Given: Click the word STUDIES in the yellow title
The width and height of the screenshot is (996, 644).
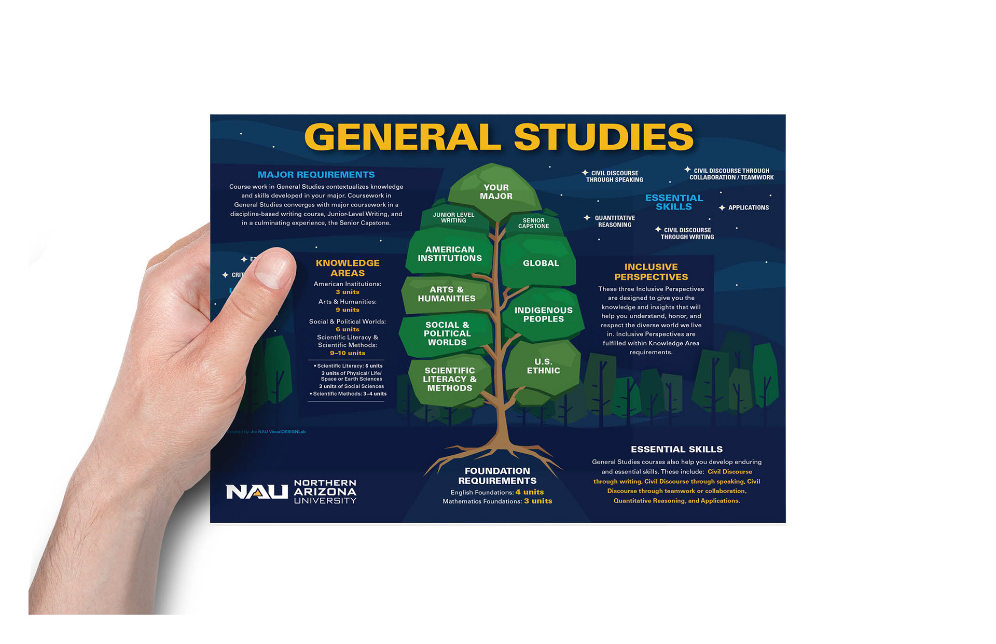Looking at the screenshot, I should (x=603, y=137).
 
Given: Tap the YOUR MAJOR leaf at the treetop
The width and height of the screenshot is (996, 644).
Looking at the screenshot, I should (x=496, y=192).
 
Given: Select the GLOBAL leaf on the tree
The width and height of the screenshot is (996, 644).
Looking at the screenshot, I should (x=541, y=263).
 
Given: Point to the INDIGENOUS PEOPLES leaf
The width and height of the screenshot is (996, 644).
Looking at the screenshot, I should (x=543, y=315).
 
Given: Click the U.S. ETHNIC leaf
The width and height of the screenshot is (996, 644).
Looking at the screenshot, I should (x=543, y=366).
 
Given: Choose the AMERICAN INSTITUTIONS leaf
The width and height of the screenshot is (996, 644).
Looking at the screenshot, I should (x=450, y=254).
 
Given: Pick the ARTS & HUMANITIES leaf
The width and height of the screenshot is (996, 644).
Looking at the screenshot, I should (x=447, y=294).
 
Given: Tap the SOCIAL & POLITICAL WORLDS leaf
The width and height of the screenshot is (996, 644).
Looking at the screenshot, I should (x=447, y=333).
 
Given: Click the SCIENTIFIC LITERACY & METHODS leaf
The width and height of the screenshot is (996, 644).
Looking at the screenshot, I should (x=449, y=379).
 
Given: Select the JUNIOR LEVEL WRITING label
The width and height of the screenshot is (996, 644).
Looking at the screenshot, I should (x=453, y=218).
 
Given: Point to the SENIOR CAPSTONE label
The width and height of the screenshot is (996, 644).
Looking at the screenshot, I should (x=533, y=223).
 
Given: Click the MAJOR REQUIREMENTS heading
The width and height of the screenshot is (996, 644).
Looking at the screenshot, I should (x=316, y=175).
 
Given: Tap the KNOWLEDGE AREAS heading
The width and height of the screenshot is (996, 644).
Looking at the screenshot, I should (x=348, y=268).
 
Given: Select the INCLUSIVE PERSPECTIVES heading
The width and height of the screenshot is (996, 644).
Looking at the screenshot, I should (x=651, y=272).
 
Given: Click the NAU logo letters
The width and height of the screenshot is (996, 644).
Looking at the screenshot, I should (x=256, y=492).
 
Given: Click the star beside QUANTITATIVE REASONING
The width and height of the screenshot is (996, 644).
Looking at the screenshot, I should (x=587, y=218).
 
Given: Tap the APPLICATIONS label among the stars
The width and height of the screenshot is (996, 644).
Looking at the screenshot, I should (x=748, y=208).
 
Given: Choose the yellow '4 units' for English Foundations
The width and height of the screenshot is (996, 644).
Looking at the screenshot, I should (x=529, y=492).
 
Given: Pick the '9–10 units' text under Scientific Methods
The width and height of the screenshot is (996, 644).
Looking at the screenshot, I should (x=348, y=353).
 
